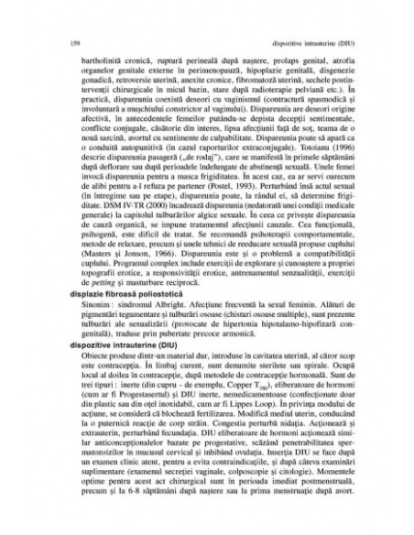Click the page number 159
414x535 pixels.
(72, 42)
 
